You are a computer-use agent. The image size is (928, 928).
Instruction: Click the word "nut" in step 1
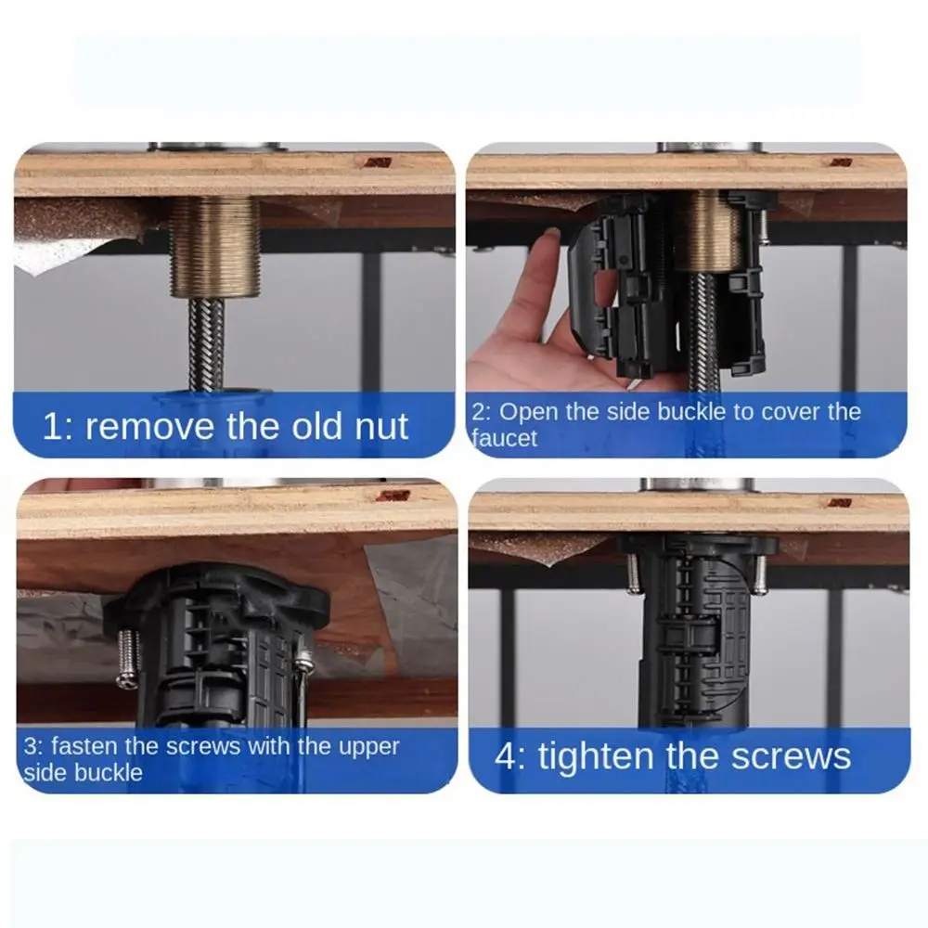pyautogui.click(x=381, y=426)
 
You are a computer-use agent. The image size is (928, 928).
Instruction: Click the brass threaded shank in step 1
pyautogui.click(x=214, y=247)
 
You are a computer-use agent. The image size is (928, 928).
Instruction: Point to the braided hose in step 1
pyautogui.click(x=207, y=344)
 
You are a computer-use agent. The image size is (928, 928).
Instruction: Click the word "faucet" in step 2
pyautogui.click(x=504, y=438)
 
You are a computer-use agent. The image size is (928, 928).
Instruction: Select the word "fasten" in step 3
pyautogui.click(x=84, y=746)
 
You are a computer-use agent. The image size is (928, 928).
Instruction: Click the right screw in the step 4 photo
pyautogui.click(x=761, y=574)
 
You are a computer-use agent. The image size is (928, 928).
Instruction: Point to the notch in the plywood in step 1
pyautogui.click(x=378, y=162)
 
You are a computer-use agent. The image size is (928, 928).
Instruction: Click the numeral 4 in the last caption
pyautogui.click(x=506, y=756)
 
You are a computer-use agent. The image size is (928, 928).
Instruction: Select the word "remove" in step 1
pyautogui.click(x=149, y=427)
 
